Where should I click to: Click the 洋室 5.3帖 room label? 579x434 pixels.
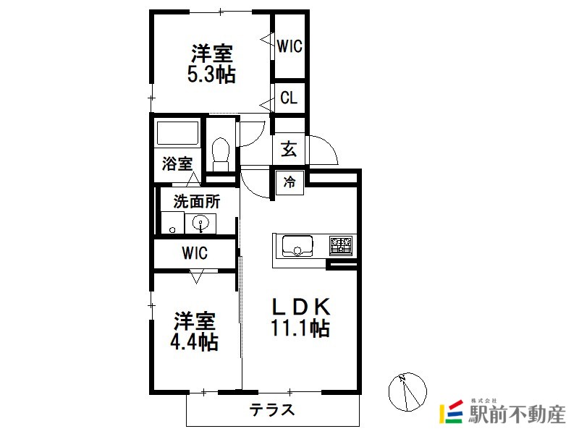211,64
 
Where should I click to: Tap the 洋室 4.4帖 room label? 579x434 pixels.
194,331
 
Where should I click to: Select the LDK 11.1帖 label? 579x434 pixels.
300,317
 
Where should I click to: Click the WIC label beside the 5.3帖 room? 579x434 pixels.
289,46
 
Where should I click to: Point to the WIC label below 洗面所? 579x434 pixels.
195,253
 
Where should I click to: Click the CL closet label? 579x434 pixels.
289,98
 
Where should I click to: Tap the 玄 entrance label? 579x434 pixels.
289,149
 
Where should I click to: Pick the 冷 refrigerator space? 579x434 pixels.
290,182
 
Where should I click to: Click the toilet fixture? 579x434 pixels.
221,154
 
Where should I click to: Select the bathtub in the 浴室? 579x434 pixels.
177,133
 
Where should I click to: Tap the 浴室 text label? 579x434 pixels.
177,163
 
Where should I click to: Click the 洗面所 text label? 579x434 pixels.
196,202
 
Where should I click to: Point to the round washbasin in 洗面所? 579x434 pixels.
200,223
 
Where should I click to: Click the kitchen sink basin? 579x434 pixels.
297,246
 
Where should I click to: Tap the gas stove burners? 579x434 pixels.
341,246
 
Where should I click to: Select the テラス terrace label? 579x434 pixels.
272,409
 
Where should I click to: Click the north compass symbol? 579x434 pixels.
407,392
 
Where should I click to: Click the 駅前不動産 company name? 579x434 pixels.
517,414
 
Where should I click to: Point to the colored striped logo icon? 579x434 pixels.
451,412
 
